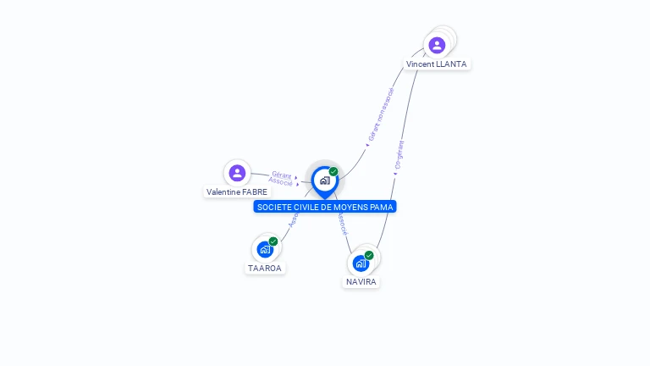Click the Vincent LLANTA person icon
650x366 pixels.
[437, 45]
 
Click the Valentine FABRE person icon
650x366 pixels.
[237, 173]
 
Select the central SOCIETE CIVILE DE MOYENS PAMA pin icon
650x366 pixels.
[324, 180]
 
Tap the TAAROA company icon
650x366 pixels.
[265, 250]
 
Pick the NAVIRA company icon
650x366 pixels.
[361, 263]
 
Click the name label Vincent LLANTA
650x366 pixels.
[436, 64]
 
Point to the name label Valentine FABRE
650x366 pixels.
[237, 192]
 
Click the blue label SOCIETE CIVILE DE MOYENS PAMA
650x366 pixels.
[325, 207]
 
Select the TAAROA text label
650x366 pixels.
[264, 269]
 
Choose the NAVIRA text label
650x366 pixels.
[361, 282]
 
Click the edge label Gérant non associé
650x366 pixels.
[381, 114]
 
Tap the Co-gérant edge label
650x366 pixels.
[399, 156]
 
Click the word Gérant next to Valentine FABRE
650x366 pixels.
[282, 175]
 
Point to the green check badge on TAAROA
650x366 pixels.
[273, 241]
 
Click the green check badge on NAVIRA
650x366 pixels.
[369, 255]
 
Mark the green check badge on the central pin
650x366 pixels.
[333, 172]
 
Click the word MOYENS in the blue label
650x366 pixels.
[351, 207]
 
